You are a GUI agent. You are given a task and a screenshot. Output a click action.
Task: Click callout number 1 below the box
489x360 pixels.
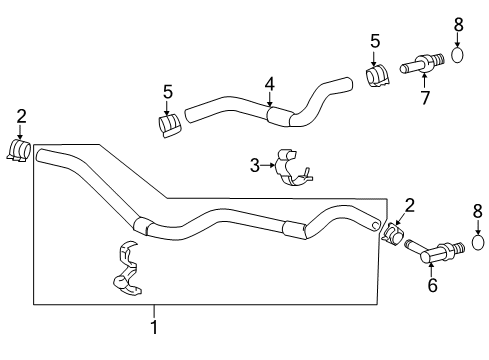pyautogui.click(x=154, y=326)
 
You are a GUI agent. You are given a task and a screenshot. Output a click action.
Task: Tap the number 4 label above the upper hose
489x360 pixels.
pyautogui.click(x=269, y=84)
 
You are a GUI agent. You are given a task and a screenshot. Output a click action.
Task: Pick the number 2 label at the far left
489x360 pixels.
pyautogui.click(x=20, y=116)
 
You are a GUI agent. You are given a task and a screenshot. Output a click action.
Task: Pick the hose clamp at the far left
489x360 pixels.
pyautogui.click(x=19, y=150)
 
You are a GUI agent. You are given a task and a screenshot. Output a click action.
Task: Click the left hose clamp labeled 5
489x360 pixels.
pyautogui.click(x=169, y=125)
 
